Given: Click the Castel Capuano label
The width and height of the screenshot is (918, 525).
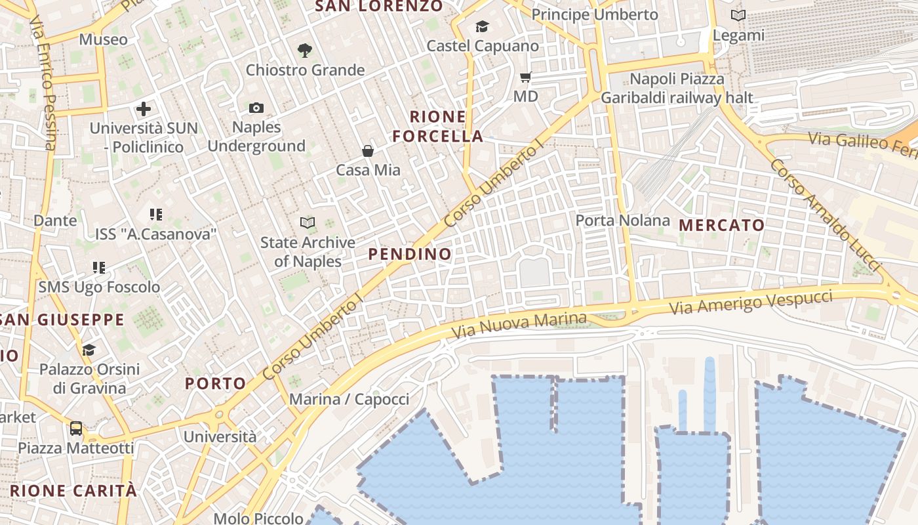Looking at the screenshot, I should [x=483, y=46].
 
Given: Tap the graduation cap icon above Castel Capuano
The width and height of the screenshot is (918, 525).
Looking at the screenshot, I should [x=483, y=27].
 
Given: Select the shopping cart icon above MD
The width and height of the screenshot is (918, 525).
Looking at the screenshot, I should [x=525, y=77].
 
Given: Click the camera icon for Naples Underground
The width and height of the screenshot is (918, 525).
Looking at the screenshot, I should [x=256, y=108].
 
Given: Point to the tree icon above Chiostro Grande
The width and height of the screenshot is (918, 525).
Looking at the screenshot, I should [x=304, y=50].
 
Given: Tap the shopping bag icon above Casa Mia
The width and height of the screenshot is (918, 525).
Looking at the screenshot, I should [x=368, y=151].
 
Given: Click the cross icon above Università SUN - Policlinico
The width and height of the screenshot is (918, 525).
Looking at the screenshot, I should [x=144, y=108].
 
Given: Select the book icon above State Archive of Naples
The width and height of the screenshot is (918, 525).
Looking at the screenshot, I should [x=308, y=223].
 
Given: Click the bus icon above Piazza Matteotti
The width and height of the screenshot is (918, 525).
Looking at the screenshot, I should [x=76, y=429].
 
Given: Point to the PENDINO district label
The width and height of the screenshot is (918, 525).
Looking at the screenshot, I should [x=410, y=254].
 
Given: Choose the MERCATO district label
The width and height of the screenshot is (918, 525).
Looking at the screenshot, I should [x=722, y=225].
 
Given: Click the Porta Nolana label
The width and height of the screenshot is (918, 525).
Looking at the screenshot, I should [x=623, y=220].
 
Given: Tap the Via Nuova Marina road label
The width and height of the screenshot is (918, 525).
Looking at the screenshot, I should [x=519, y=325].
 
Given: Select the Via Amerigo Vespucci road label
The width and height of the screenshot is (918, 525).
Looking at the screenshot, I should [x=750, y=303].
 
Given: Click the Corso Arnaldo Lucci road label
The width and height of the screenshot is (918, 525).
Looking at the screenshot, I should [x=825, y=215].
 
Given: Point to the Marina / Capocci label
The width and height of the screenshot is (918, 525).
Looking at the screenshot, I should [x=349, y=399].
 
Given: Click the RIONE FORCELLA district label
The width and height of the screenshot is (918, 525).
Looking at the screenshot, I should [x=437, y=127].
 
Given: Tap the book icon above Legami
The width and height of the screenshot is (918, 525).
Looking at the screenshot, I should [x=738, y=15].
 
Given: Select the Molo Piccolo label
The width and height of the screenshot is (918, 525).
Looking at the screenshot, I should [x=258, y=518].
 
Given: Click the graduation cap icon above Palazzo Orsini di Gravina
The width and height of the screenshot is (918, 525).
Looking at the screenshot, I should [x=89, y=350].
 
